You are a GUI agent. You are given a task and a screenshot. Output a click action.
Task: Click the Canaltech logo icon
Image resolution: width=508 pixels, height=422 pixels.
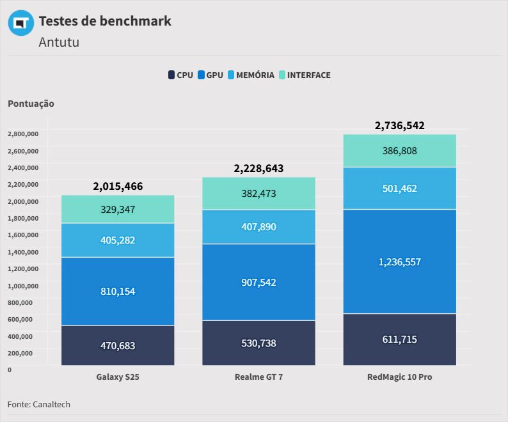click(20, 23)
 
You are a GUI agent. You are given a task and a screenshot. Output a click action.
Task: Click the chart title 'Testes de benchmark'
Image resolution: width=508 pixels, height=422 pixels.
click(105, 20)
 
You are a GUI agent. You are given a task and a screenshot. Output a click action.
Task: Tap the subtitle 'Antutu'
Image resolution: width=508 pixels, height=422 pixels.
click(59, 42)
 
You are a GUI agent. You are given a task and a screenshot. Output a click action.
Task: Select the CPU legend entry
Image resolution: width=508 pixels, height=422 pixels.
click(180, 75)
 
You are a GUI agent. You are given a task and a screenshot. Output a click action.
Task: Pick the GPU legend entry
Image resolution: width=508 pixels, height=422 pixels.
click(210, 75)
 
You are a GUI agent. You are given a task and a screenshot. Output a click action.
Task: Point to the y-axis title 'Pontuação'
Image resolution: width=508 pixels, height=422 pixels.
click(31, 104)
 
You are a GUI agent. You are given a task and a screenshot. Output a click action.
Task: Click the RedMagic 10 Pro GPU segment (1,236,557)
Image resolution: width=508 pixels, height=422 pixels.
click(399, 262)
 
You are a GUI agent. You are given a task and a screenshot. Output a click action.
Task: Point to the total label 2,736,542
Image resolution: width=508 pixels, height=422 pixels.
click(399, 125)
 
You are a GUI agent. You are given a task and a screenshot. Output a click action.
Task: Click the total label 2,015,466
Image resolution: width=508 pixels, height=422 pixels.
click(118, 187)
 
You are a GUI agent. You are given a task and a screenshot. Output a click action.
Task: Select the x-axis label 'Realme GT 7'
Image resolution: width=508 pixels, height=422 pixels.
click(258, 377)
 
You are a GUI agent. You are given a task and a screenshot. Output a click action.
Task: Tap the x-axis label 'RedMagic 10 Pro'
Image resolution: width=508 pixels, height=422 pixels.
click(399, 377)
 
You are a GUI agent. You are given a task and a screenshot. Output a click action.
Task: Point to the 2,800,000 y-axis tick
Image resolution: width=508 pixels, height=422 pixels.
click(23, 134)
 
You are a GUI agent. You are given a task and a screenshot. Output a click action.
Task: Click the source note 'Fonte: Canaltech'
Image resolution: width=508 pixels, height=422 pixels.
click(39, 404)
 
